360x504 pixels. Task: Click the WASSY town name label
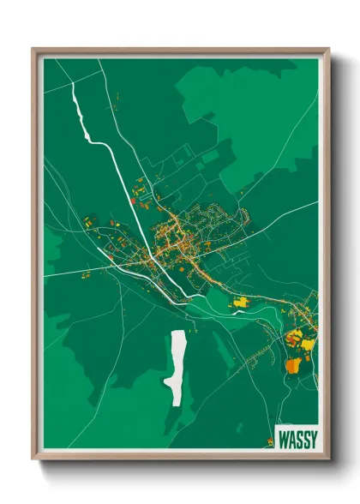pyautogui.click(x=297, y=440)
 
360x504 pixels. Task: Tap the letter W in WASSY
pyautogui.click(x=285, y=440)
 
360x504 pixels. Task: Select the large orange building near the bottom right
pyautogui.click(x=292, y=365)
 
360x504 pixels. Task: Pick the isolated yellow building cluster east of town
pyautogui.click(x=241, y=302)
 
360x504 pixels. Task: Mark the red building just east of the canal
pyautogui.click(x=133, y=201)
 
